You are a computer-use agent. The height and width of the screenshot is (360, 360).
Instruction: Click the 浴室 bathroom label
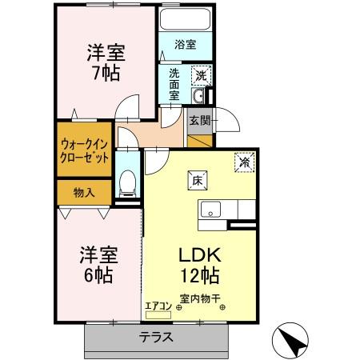pyautogui.click(x=185, y=45)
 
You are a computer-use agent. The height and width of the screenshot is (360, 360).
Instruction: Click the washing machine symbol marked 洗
pyautogui.click(x=201, y=74)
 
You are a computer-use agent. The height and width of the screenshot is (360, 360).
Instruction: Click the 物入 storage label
pyautogui.click(x=84, y=192)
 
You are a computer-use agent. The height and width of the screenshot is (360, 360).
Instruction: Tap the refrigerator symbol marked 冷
pyautogui.click(x=245, y=161)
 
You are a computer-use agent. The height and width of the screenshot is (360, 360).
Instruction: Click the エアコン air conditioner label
pyautogui.click(x=157, y=304)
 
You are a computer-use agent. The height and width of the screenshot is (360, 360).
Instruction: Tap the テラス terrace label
pyautogui.click(x=157, y=337)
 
